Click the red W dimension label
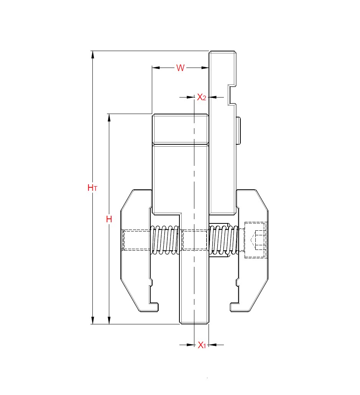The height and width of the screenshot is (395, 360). tap(180, 68)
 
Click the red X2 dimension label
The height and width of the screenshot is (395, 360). tap(202, 97)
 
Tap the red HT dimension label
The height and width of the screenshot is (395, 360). tap(92, 188)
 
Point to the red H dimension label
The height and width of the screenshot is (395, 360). tap(109, 219)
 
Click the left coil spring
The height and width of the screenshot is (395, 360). tap(166, 240)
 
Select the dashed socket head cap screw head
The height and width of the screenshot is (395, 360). tap(255, 240)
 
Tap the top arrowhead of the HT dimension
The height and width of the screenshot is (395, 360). tap(92, 54)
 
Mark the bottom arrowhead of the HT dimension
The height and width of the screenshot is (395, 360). tap(92, 321)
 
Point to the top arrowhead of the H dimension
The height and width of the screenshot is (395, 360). tap(109, 117)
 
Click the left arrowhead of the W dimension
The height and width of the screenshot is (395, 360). tap(155, 68)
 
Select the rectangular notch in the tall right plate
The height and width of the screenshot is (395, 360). tap(232, 94)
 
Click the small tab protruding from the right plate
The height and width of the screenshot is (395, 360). tap(238, 131)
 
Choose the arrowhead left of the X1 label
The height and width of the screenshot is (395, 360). tap(191, 345)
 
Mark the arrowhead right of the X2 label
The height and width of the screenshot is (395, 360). tap(213, 97)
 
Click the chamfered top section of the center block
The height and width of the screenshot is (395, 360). tap(181, 129)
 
